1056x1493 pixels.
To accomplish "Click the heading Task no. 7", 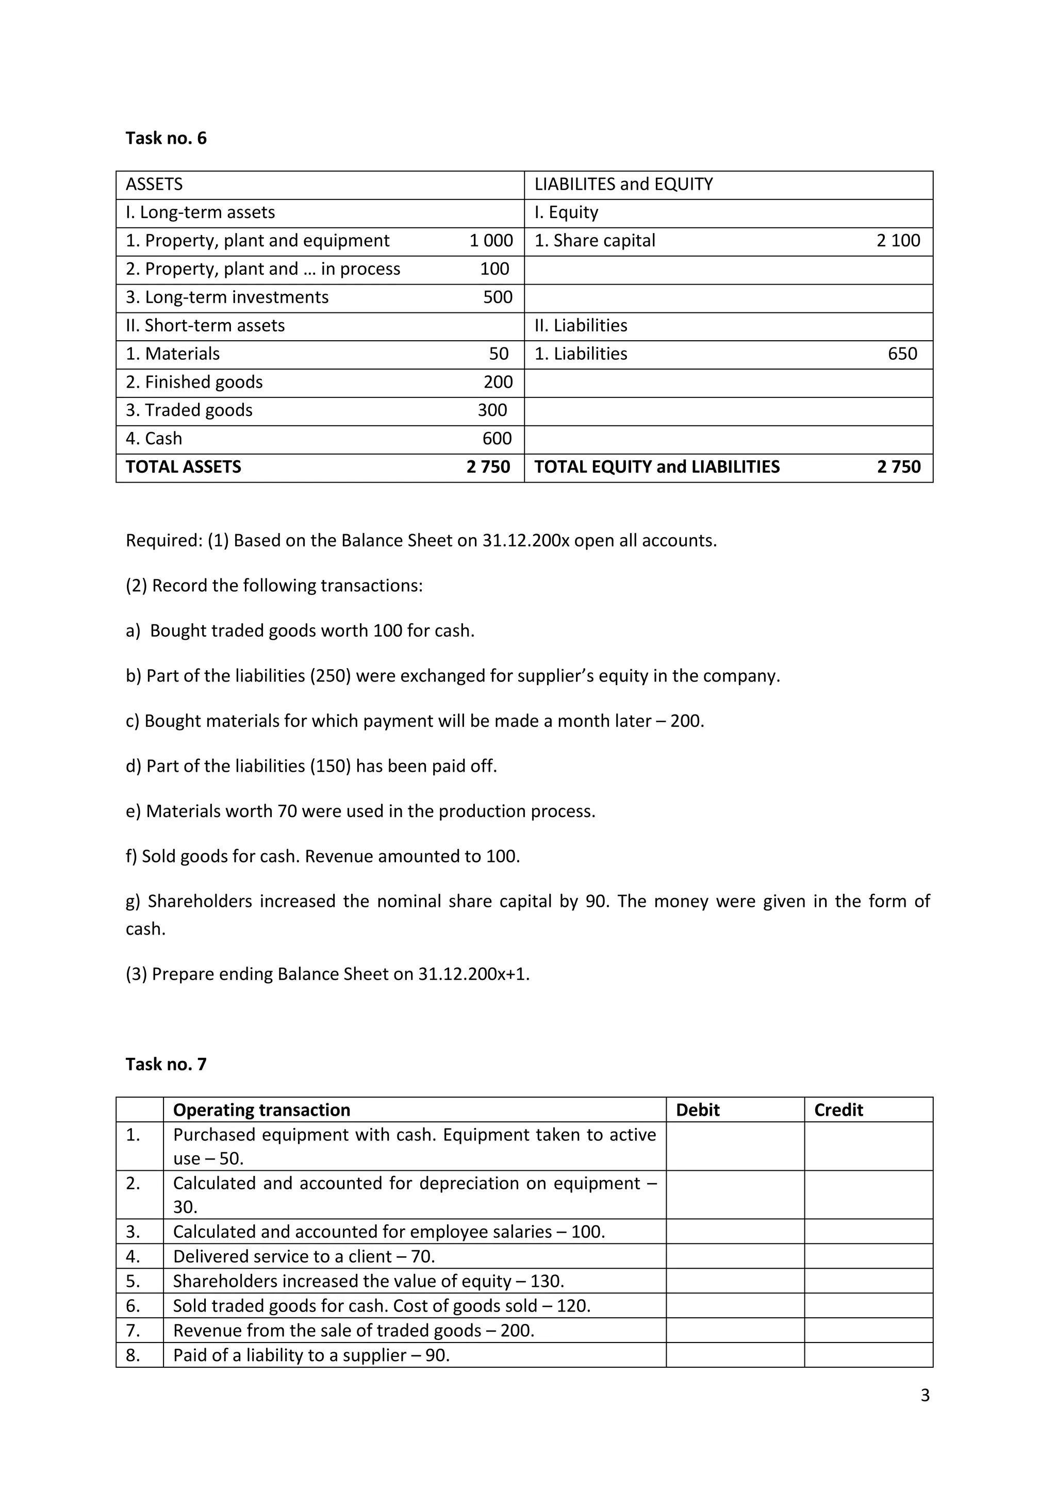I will [166, 1064].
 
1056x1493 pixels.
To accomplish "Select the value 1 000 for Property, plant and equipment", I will [491, 241].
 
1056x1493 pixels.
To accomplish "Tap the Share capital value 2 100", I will [898, 241].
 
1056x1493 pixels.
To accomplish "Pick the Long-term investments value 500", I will [498, 297].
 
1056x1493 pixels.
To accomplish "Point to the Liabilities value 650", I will [902, 354].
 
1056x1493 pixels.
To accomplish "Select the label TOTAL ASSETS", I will [184, 467].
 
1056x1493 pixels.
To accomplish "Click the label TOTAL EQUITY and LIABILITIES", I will [657, 467].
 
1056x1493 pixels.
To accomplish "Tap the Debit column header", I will [698, 1110].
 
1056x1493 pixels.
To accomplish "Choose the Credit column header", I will [838, 1110].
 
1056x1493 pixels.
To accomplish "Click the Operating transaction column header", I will [261, 1110].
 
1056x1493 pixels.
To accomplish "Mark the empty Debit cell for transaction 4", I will [735, 1256].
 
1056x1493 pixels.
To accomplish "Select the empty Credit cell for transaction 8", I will [868, 1355].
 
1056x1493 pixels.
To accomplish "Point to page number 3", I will [925, 1396].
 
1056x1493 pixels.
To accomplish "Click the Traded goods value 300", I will [492, 410].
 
